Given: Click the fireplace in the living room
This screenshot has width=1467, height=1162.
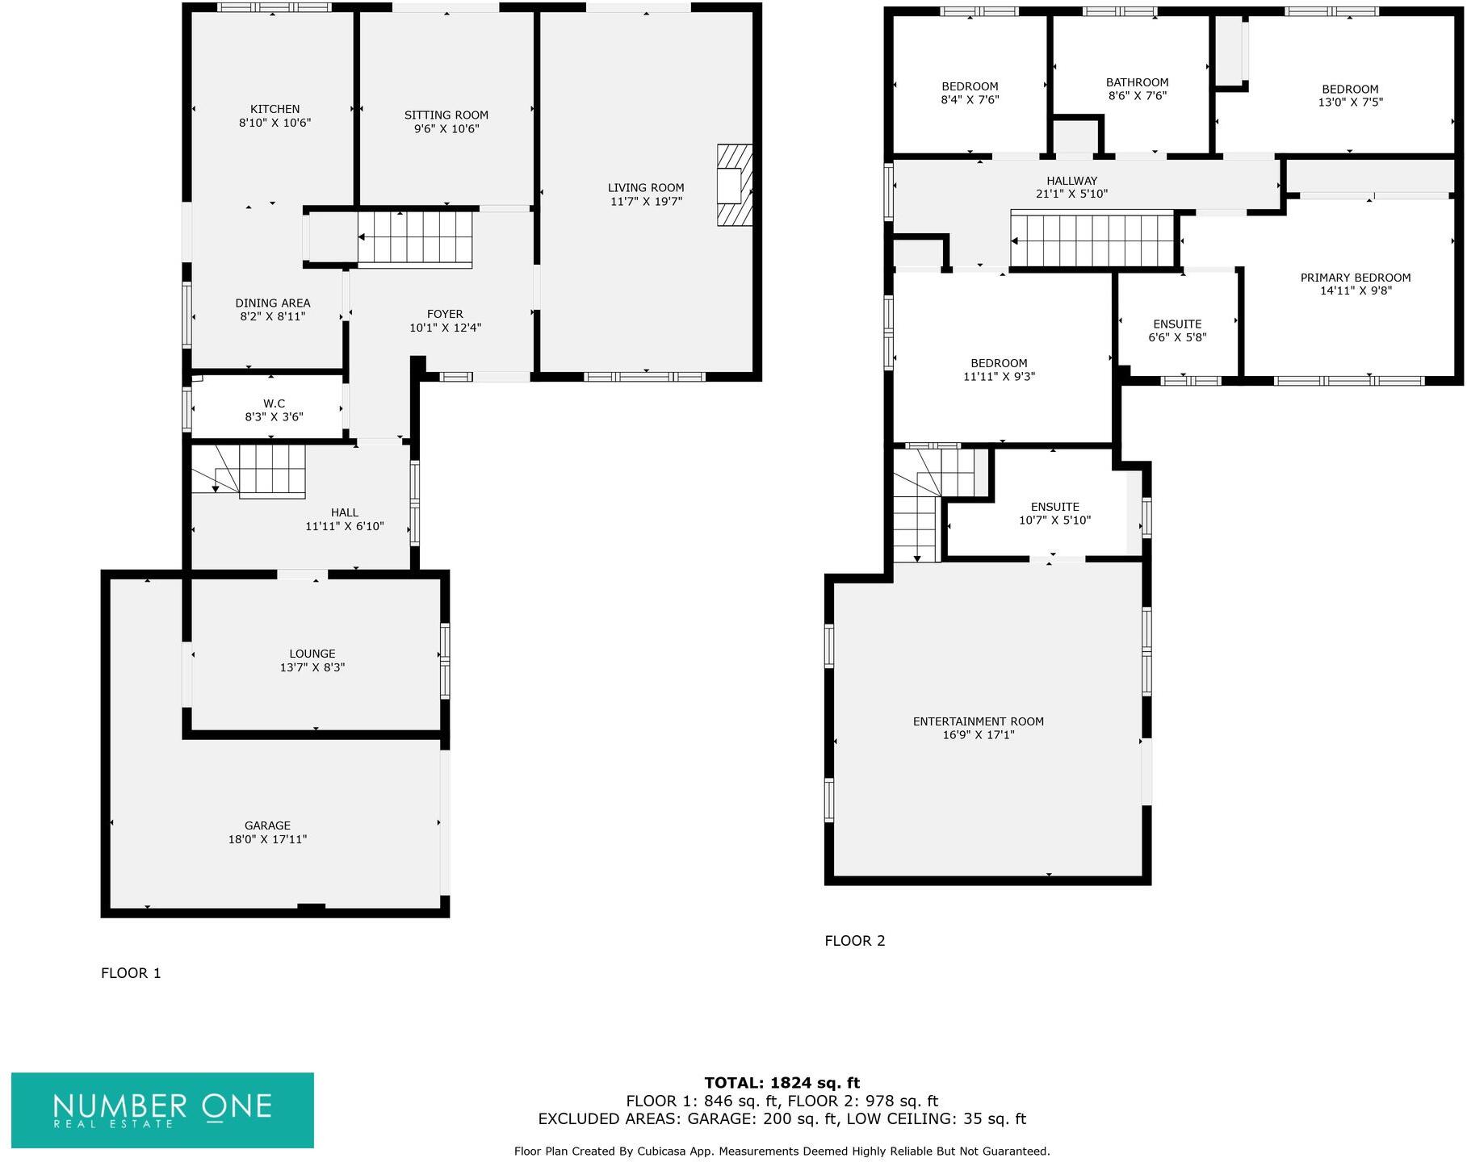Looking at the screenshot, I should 734,185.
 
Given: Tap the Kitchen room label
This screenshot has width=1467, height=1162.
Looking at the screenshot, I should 275,109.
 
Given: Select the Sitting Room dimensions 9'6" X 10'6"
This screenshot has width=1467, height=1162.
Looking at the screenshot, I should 446,128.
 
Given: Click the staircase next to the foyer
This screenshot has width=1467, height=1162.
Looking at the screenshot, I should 415,238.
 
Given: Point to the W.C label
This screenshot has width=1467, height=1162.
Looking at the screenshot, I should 274,403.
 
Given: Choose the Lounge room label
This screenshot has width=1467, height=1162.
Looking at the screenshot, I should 312,654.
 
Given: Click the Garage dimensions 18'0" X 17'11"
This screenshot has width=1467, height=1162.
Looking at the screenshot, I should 267,839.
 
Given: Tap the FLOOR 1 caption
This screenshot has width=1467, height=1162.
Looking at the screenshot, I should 131,973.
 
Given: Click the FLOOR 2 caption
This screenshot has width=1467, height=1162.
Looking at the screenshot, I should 854,941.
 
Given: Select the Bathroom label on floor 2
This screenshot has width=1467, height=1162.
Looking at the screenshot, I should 1137,82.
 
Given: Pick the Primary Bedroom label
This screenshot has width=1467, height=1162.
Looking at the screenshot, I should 1356,278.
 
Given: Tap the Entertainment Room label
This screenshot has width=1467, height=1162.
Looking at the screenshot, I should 978,721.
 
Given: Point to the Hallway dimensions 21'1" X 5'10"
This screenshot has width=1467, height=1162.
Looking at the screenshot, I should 1071,194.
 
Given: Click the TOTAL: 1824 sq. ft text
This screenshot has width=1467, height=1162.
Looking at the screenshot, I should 782,1083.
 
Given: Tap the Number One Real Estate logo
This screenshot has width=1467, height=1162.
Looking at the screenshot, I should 162,1110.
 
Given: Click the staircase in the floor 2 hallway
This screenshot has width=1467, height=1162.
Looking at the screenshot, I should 1092,240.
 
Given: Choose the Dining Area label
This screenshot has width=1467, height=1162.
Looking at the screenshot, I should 273,303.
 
